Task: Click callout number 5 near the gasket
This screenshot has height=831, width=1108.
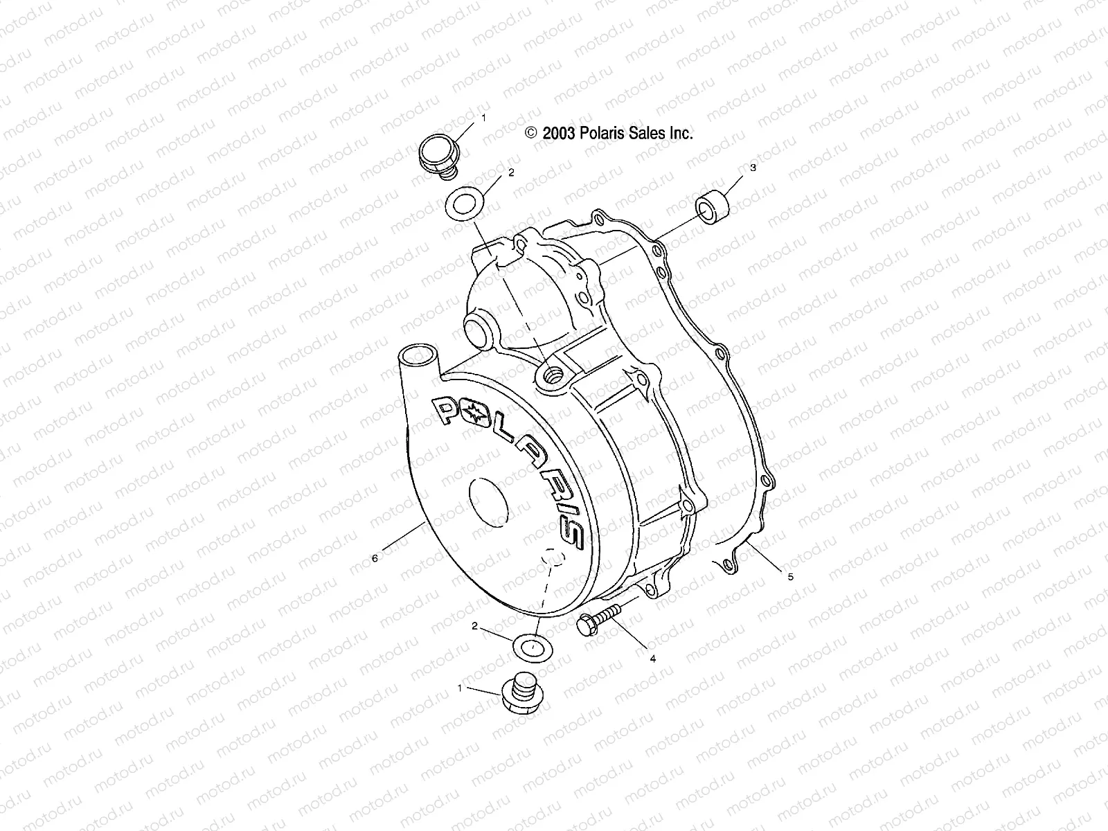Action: click(x=791, y=575)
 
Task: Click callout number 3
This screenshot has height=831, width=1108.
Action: click(x=753, y=168)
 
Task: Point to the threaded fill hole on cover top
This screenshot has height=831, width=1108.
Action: click(x=553, y=375)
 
